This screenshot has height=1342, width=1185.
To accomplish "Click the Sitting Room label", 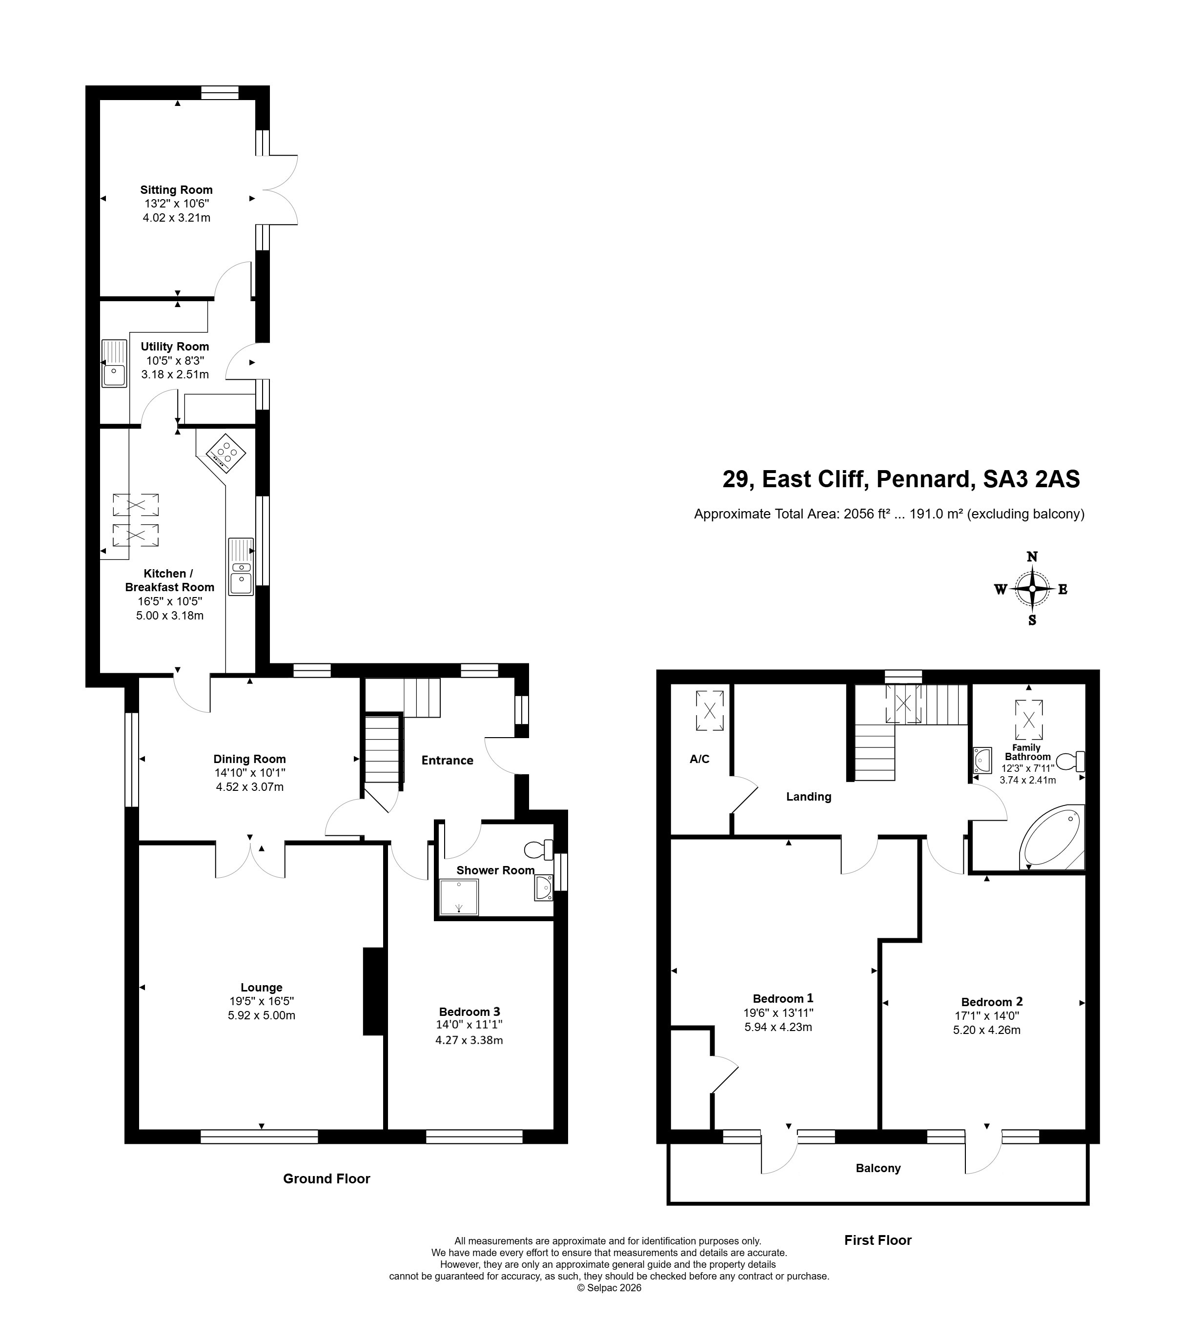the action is point(176,190).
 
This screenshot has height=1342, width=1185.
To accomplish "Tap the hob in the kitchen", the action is point(226,453).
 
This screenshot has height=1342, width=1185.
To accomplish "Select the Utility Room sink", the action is point(114,363).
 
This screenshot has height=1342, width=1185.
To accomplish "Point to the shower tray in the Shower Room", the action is point(458,897).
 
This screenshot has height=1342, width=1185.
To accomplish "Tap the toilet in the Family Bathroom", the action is point(1071,761).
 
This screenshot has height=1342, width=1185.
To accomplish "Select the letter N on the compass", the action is point(1032,557).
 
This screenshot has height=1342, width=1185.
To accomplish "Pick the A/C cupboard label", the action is point(699,759).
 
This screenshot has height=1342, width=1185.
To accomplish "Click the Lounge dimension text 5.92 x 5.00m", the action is point(261,1015).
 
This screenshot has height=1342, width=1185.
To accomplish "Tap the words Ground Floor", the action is point(327,1178).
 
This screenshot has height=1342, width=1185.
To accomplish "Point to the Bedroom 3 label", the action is point(470,1012).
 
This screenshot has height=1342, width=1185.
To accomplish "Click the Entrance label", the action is point(447,760).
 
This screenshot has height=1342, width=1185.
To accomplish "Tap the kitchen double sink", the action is point(241,567).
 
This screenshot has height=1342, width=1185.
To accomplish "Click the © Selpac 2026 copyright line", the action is point(609,1288).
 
